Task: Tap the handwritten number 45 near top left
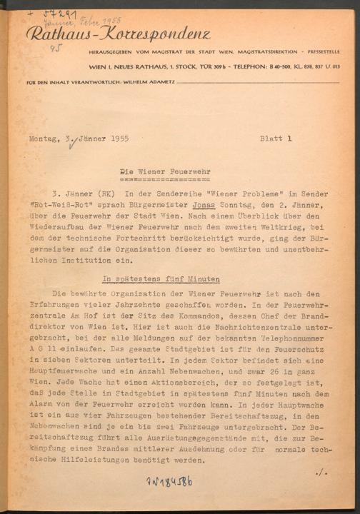click(54, 49)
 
